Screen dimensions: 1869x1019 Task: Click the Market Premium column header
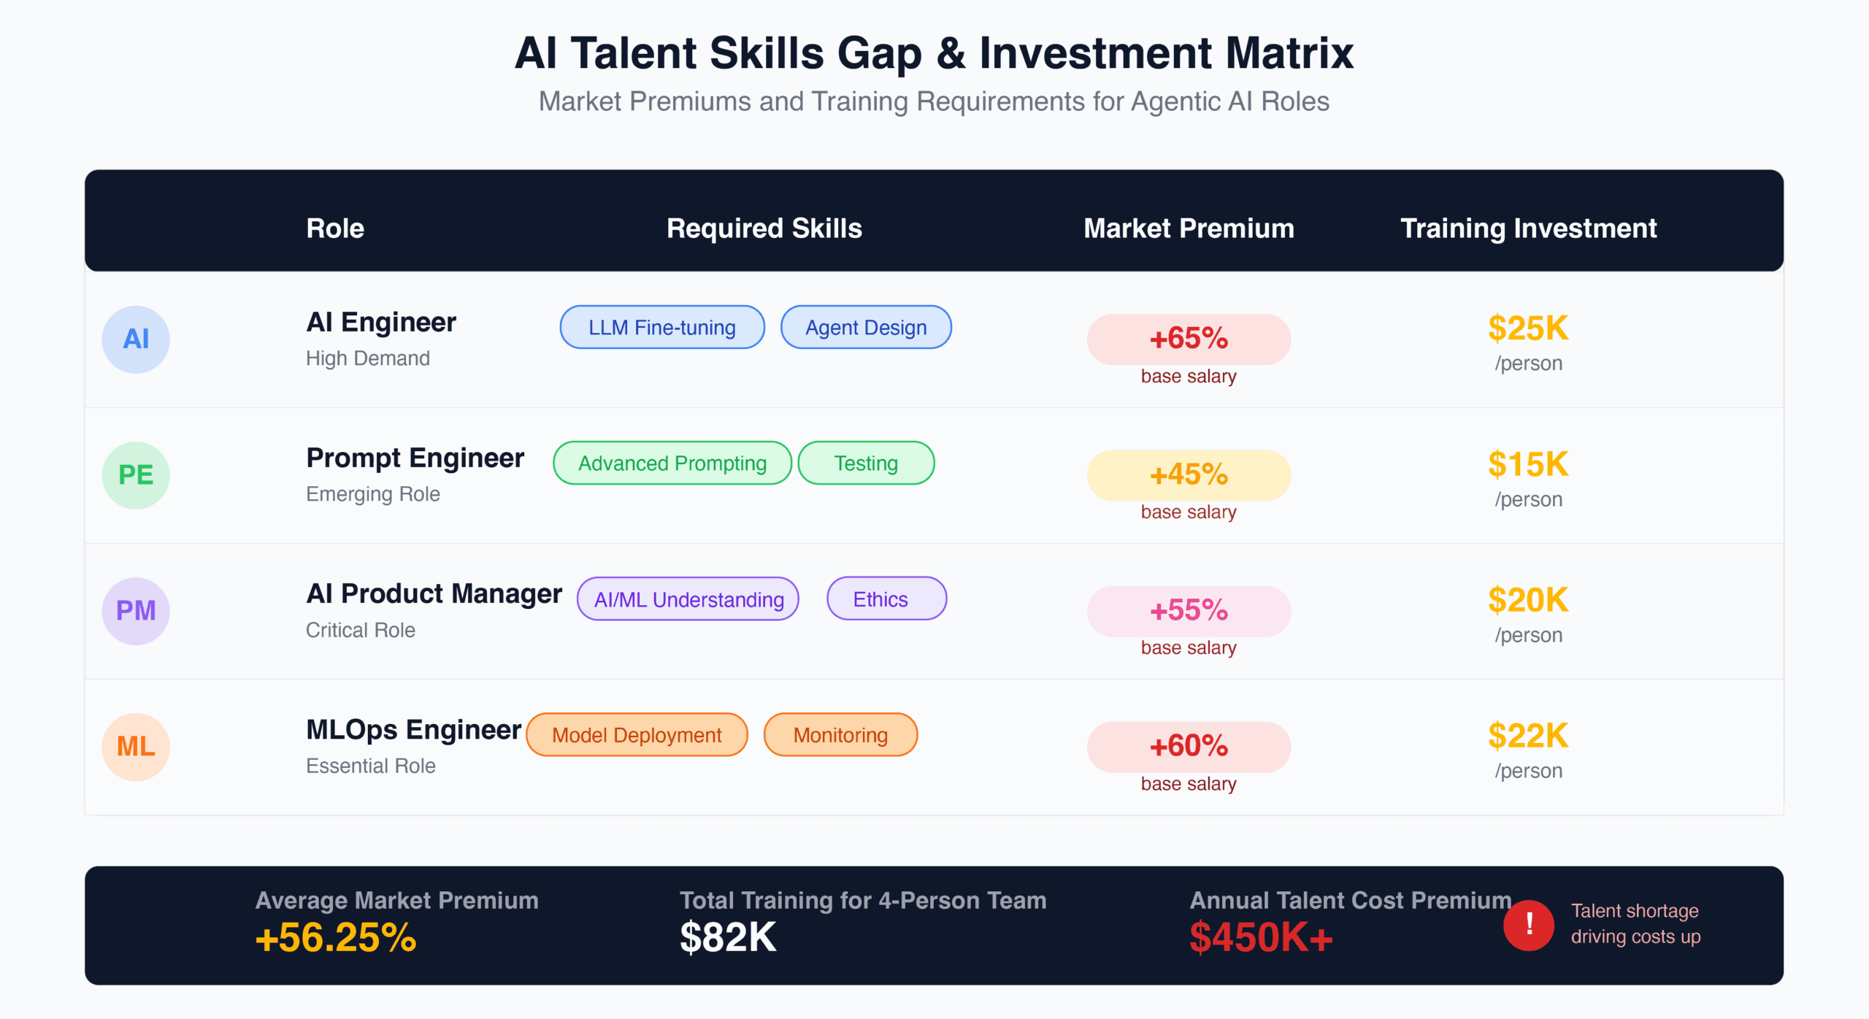click(x=1189, y=228)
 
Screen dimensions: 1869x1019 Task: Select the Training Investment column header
click(x=1528, y=228)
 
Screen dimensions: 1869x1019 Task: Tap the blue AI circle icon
click(x=136, y=339)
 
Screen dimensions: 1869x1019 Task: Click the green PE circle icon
click(x=136, y=475)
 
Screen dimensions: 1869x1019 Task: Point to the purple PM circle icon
click(x=136, y=611)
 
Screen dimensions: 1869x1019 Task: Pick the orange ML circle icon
click(x=136, y=747)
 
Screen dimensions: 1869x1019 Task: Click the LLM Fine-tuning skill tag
click(x=662, y=327)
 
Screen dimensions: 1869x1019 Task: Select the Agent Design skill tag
click(x=866, y=327)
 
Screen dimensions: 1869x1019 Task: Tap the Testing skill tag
click(x=866, y=463)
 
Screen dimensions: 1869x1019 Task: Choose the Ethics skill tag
click(x=886, y=599)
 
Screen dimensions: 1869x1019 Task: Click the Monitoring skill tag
click(x=840, y=734)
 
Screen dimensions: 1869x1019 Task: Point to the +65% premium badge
click(x=1189, y=339)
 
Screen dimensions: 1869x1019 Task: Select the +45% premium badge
click(x=1189, y=474)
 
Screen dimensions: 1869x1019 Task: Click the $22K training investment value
click(x=1528, y=735)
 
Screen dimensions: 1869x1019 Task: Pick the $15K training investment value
click(x=1528, y=464)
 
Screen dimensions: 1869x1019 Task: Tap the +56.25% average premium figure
click(x=336, y=937)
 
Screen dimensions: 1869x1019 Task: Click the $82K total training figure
click(x=728, y=937)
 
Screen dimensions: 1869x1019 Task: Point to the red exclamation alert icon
click(x=1529, y=925)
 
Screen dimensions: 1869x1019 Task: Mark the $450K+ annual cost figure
click(x=1261, y=937)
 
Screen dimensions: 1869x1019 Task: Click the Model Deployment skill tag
click(x=637, y=734)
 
